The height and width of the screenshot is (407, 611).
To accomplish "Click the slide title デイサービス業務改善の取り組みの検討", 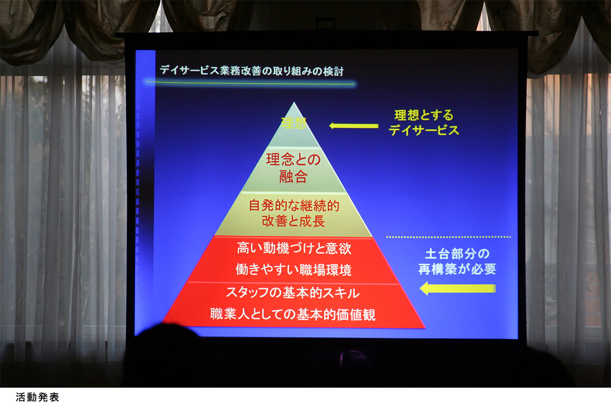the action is pyautogui.click(x=251, y=71).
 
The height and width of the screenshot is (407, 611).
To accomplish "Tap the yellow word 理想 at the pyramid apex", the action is pyautogui.click(x=294, y=123).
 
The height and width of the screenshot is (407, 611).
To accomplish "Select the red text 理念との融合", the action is pyautogui.click(x=293, y=168).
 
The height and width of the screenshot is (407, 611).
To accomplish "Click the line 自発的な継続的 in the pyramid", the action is pyautogui.click(x=294, y=206).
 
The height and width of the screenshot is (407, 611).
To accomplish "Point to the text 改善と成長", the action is pyautogui.click(x=293, y=221).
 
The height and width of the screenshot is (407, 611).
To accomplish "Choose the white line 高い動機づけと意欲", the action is pyautogui.click(x=294, y=249).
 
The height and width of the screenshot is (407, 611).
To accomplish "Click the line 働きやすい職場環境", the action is pyautogui.click(x=293, y=270).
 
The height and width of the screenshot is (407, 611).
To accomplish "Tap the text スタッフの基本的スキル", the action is pyautogui.click(x=293, y=293).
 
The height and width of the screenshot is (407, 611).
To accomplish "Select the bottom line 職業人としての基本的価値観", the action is pyautogui.click(x=293, y=314).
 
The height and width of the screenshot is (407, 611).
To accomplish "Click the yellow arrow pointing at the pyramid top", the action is pyautogui.click(x=353, y=126).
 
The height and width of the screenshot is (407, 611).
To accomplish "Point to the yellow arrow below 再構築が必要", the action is pyautogui.click(x=457, y=288).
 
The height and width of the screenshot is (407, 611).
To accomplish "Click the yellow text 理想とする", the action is pyautogui.click(x=424, y=115).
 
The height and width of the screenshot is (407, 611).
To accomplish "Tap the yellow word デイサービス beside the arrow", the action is pyautogui.click(x=424, y=130).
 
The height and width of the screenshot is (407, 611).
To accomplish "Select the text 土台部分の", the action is pyautogui.click(x=457, y=254).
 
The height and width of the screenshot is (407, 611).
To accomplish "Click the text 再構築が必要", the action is pyautogui.click(x=457, y=269).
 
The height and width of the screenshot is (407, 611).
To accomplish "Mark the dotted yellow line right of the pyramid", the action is pyautogui.click(x=449, y=237).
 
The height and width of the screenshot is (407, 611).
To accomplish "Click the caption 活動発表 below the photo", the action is pyautogui.click(x=37, y=397).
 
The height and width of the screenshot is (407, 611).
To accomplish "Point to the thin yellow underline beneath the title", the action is pyautogui.click(x=249, y=83).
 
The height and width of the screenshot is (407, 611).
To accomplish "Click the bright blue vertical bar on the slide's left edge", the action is pyautogui.click(x=146, y=191).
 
